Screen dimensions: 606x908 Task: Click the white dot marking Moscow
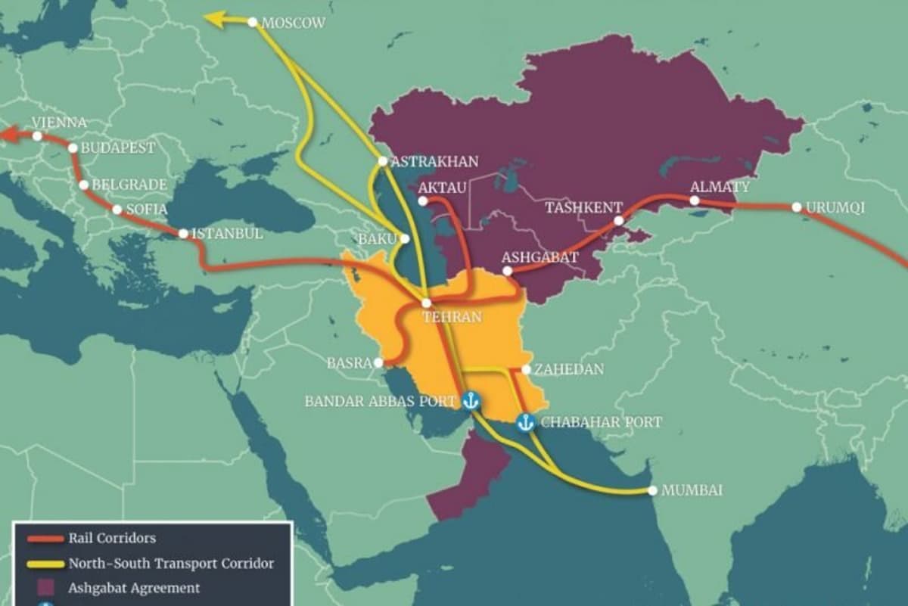pos(253,23)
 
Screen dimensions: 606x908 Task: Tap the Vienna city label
pos(60,123)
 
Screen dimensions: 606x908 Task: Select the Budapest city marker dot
pos(73,148)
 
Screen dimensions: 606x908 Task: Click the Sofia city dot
pos(117,210)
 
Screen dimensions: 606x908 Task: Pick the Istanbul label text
pos(227,234)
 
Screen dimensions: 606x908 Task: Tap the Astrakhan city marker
pos(383,161)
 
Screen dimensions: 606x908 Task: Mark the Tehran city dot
pos(426,303)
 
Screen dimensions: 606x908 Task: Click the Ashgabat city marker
pos(507,271)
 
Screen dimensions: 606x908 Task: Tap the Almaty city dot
pos(695,200)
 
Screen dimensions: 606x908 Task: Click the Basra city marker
pos(378,362)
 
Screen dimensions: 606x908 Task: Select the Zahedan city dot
pos(526,370)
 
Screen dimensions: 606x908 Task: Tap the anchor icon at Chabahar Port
pos(526,423)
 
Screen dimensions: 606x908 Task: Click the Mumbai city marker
pos(652,490)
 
